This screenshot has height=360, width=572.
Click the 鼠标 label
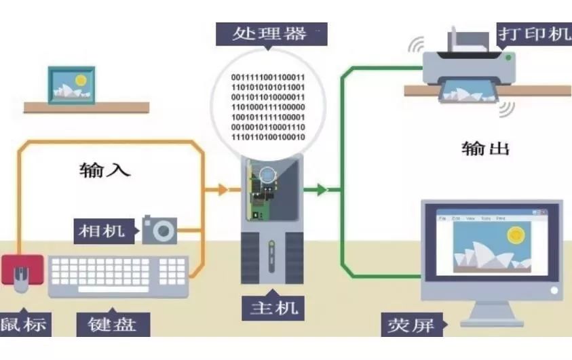point(24,323)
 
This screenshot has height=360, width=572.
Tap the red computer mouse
point(22,272)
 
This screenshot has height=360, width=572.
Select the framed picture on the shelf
point(70,84)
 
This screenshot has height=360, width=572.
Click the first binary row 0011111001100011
point(268,77)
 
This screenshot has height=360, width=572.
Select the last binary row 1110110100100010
point(268,138)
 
